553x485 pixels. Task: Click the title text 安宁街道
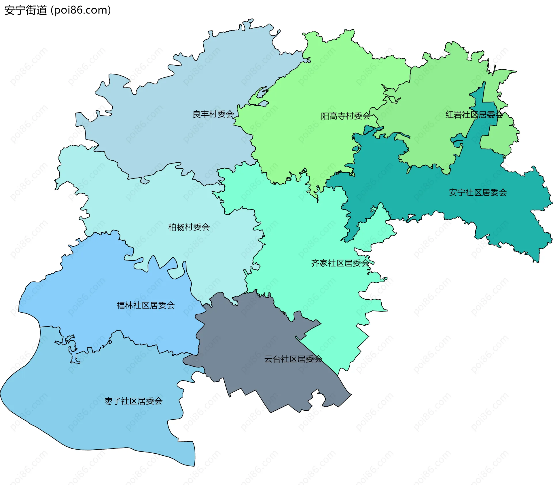[25, 10]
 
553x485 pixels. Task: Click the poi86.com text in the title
[81, 10]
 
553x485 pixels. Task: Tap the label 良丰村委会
[213, 114]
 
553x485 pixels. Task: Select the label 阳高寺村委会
[346, 116]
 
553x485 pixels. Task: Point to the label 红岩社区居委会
[474, 115]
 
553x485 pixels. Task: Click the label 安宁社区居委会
[478, 193]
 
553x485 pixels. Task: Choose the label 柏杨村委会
[189, 227]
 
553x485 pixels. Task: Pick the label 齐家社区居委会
[340, 263]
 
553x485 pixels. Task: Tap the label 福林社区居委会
[146, 305]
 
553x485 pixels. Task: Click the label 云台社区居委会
[293, 359]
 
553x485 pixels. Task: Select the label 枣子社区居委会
[133, 401]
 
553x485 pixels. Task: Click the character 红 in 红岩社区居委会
[450, 115]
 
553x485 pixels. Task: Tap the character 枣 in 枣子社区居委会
[109, 401]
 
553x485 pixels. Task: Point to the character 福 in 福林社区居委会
[121, 305]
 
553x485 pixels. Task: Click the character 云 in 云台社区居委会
[268, 359]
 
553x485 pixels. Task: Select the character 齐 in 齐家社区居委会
[315, 263]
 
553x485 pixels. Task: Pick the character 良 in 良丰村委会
[197, 114]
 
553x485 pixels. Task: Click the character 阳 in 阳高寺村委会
[325, 116]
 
